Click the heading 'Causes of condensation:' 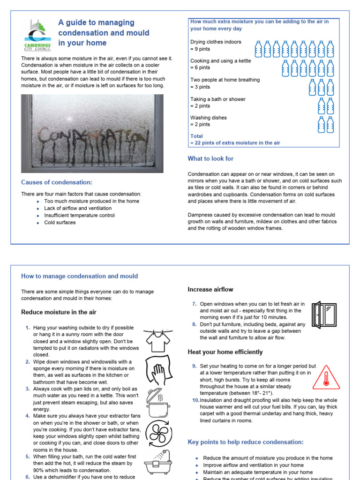(x=57, y=182)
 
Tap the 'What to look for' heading (x=210, y=158)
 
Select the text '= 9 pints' (x=200, y=49)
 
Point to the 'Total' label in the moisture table (x=197, y=136)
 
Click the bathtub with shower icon (x=157, y=462)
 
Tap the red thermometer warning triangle (x=326, y=378)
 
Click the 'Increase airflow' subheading (x=210, y=289)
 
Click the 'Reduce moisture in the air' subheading (x=59, y=312)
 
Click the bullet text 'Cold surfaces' (x=60, y=223)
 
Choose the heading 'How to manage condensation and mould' (x=80, y=276)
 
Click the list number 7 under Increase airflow (x=194, y=304)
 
